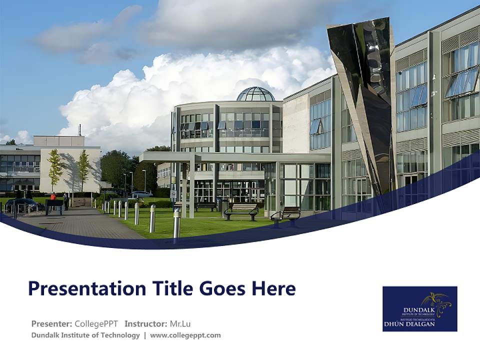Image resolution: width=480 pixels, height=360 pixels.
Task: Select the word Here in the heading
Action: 273,288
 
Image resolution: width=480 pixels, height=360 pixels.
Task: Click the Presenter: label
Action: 51,323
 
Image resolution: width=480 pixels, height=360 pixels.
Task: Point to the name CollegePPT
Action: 96,323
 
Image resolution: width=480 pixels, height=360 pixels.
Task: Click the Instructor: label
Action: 146,323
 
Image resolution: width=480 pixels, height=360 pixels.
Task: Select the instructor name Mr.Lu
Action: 180,323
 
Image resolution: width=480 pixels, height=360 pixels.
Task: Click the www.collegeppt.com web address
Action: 185,335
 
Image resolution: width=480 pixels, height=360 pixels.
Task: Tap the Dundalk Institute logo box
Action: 419,308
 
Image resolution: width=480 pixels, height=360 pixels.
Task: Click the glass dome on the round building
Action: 255,94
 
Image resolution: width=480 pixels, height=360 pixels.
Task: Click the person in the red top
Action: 53,197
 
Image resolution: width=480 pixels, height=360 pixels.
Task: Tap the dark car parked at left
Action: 24,204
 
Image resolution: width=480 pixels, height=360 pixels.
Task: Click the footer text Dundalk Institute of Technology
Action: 85,335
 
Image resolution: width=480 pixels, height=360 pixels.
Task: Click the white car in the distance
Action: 142,194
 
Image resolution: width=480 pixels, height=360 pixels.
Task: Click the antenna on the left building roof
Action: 79,130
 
